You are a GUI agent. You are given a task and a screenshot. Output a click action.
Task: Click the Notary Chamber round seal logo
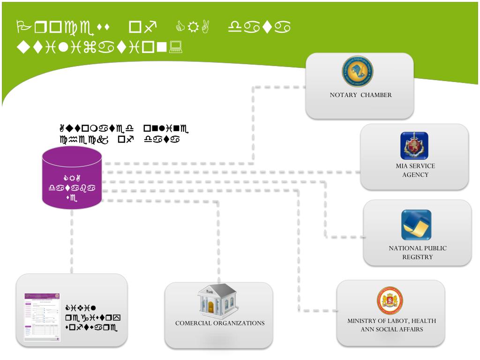tap(357, 71)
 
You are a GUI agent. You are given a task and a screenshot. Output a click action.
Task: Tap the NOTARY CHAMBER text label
tap(360, 95)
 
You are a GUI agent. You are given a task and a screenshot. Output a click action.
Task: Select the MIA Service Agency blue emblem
tap(414, 146)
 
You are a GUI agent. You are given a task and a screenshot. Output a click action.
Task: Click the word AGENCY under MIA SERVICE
tap(415, 175)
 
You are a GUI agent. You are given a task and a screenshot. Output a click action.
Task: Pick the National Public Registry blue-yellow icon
tap(416, 225)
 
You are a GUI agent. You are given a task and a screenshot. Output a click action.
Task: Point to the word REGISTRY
tap(417, 257)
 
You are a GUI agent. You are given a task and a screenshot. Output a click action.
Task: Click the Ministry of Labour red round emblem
tap(390, 300)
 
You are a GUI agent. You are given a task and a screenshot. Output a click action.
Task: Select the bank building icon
tap(217, 300)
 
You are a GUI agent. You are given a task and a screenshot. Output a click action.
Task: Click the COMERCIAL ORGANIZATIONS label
tap(220, 323)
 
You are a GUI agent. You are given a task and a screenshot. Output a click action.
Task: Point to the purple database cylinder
tap(72, 178)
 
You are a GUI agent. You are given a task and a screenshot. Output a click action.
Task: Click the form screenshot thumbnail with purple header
tap(42, 317)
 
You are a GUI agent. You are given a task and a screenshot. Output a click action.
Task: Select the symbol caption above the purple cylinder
tap(124, 133)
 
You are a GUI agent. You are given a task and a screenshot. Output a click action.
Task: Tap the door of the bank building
tap(210, 307)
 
